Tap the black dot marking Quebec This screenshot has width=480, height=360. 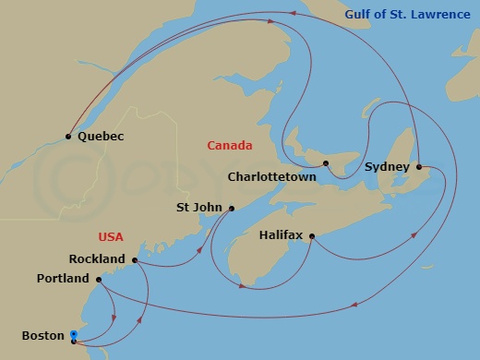pos(68,138)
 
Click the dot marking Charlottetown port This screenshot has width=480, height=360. pos(327,164)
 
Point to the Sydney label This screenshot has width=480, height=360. pos(387,167)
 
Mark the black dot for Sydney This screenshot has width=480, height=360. pos(419,167)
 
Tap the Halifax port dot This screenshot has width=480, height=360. pos(312,237)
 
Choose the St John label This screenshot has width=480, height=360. pos(198,208)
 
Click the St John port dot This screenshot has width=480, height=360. pos(232,208)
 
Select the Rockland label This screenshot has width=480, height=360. pos(97,259)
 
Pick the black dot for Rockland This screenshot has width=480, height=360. pos(135,260)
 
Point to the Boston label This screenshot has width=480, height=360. pos(42,336)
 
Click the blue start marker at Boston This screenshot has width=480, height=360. pos(74,337)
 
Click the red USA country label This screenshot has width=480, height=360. pos(110,237)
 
